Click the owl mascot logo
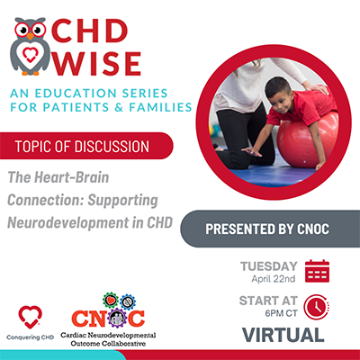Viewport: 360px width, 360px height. [x=30, y=46]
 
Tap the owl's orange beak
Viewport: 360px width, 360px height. [x=31, y=36]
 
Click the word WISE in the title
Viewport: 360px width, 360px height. [x=97, y=64]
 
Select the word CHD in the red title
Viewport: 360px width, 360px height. [x=90, y=31]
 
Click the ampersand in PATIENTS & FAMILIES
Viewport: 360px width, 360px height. [x=119, y=107]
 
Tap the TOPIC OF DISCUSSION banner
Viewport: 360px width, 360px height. [x=86, y=146]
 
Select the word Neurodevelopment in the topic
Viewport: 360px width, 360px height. [x=67, y=222]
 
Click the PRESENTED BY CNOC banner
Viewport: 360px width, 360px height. [x=270, y=229]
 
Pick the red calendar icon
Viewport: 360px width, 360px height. [x=317, y=271]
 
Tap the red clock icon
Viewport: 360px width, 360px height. [x=316, y=307]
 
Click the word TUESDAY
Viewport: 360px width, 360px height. [x=269, y=266]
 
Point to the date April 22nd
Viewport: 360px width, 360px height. [x=274, y=279]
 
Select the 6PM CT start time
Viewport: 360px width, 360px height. [x=281, y=313]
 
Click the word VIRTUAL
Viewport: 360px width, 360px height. [x=283, y=335]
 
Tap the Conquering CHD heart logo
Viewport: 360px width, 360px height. [x=30, y=317]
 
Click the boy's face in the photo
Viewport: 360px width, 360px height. [x=278, y=94]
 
